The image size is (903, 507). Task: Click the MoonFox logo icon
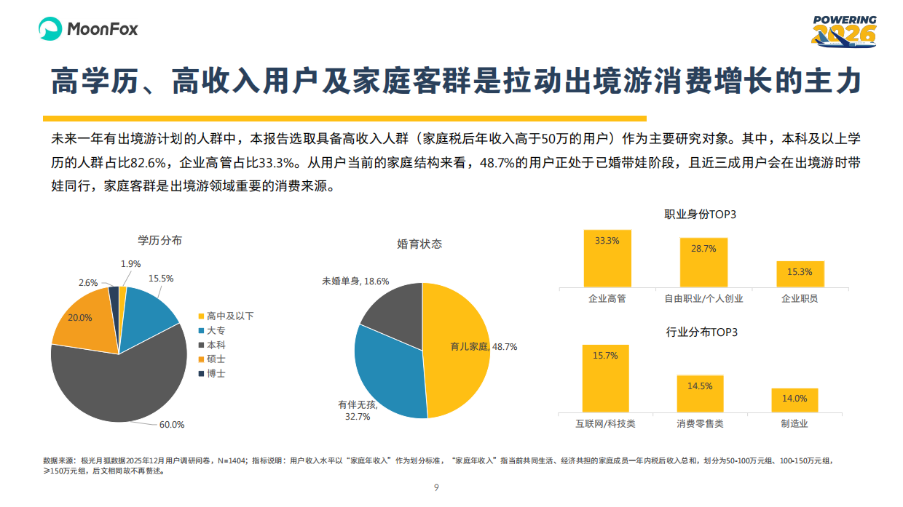click(x=50, y=28)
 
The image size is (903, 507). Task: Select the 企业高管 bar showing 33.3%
click(x=607, y=258)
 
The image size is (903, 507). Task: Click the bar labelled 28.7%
click(x=703, y=263)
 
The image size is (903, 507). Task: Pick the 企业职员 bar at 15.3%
click(x=800, y=274)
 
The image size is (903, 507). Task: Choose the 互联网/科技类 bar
click(x=605, y=378)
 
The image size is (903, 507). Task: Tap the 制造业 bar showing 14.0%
click(x=794, y=400)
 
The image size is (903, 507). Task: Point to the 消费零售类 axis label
click(x=700, y=423)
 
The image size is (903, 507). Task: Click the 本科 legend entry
click(x=216, y=345)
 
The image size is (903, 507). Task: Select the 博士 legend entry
click(x=216, y=373)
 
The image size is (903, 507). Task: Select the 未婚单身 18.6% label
click(x=355, y=281)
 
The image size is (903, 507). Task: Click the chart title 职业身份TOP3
click(x=701, y=215)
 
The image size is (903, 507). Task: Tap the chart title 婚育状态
click(x=419, y=244)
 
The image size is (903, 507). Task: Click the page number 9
click(x=435, y=487)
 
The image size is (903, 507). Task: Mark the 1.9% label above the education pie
click(x=130, y=263)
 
